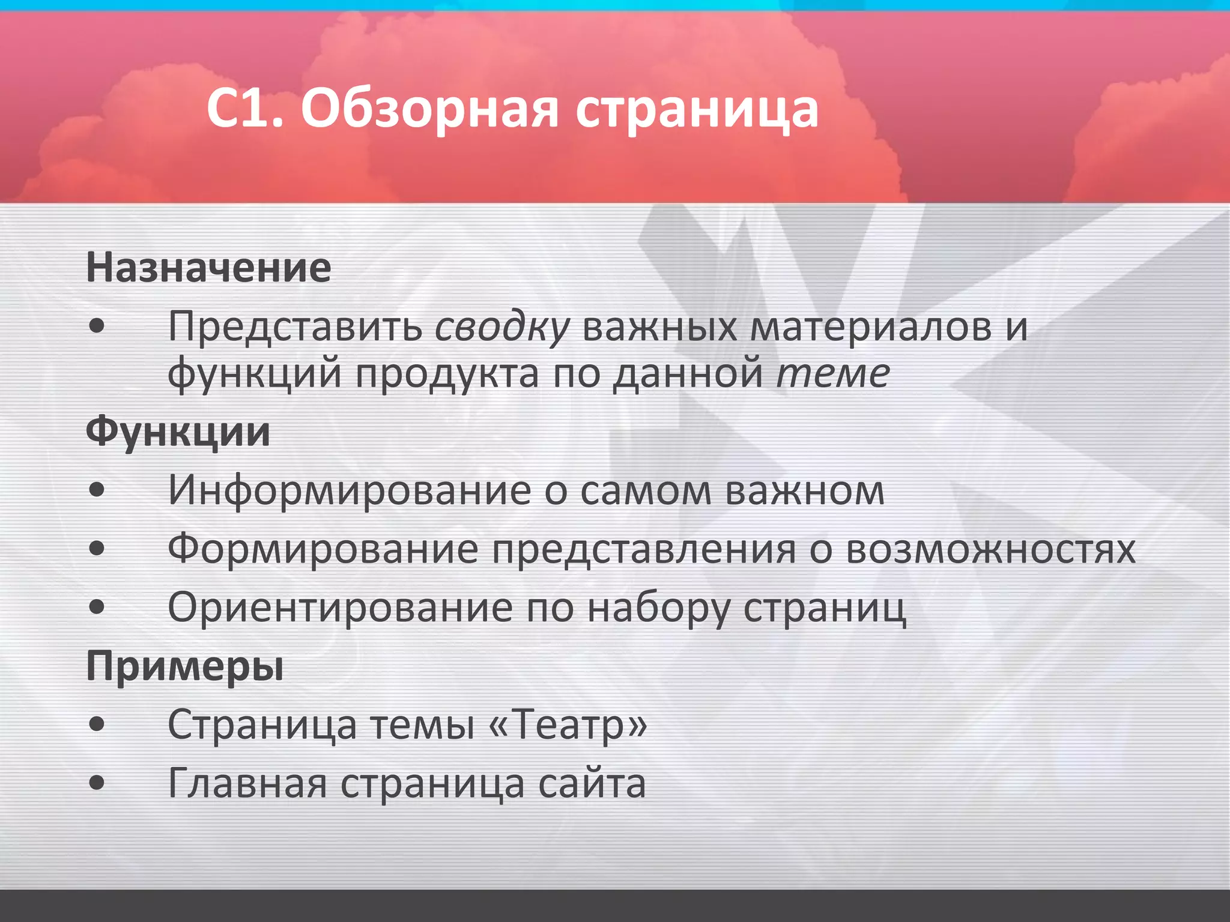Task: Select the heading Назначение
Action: pos(208,268)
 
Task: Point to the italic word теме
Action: pos(832,373)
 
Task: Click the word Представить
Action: pos(295,327)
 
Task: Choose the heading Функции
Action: pos(178,432)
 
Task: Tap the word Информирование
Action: pos(349,491)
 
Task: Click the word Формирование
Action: pos(323,549)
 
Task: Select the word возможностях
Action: pos(990,549)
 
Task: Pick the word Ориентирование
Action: pos(339,607)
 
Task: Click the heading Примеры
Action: pos(184,666)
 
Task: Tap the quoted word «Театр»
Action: pos(569,725)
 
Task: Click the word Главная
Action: pos(247,783)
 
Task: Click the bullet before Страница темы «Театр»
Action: pos(97,725)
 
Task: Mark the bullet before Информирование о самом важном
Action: pos(97,491)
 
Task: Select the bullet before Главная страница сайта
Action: pos(97,783)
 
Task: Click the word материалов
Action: pos(871,327)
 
